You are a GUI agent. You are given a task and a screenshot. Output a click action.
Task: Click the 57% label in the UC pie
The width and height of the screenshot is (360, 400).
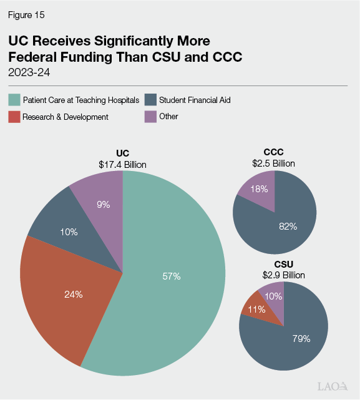[171, 276]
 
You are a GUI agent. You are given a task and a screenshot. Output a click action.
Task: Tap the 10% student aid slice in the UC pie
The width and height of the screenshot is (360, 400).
[69, 232]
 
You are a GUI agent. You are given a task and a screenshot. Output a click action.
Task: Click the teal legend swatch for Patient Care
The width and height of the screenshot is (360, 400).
[14, 100]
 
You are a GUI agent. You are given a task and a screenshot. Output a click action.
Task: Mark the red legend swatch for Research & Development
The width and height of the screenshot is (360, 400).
[14, 117]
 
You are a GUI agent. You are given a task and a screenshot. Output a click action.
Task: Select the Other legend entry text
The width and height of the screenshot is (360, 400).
[168, 117]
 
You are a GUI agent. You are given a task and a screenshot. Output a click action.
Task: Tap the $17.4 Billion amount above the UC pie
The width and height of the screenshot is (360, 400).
[122, 165]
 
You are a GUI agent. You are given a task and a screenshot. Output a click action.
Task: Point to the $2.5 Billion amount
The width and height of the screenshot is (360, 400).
[273, 163]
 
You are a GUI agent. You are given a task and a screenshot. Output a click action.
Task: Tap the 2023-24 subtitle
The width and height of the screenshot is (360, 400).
[29, 72]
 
